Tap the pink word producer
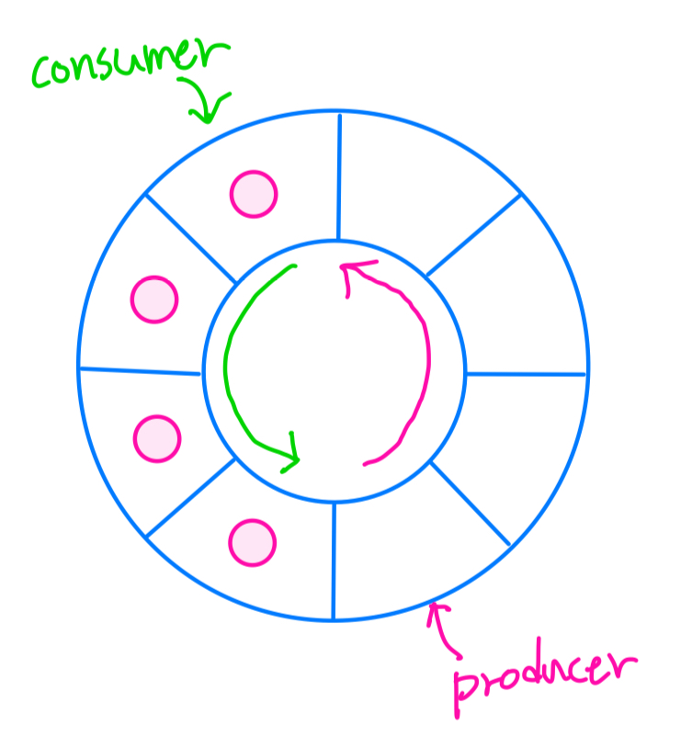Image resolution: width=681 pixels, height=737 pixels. click(542, 675)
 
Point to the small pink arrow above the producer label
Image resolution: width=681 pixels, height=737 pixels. click(446, 629)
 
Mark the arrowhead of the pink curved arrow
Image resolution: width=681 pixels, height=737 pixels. click(350, 271)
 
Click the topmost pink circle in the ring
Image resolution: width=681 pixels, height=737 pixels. click(253, 194)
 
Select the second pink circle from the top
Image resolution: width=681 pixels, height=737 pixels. click(153, 299)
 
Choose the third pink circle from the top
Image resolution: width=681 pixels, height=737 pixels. click(157, 438)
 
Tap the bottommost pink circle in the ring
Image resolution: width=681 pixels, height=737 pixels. click(252, 542)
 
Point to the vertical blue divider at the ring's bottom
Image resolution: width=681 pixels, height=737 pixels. click(333, 561)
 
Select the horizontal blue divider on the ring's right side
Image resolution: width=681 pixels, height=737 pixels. click(526, 374)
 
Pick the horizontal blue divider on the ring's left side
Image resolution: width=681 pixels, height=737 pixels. click(140, 370)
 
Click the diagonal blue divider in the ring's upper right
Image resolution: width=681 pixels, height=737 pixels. click(473, 233)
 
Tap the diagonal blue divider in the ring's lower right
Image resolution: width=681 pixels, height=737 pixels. click(470, 503)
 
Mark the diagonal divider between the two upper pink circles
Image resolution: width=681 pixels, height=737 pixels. click(190, 238)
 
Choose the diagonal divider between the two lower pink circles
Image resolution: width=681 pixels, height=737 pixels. click(191, 497)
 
